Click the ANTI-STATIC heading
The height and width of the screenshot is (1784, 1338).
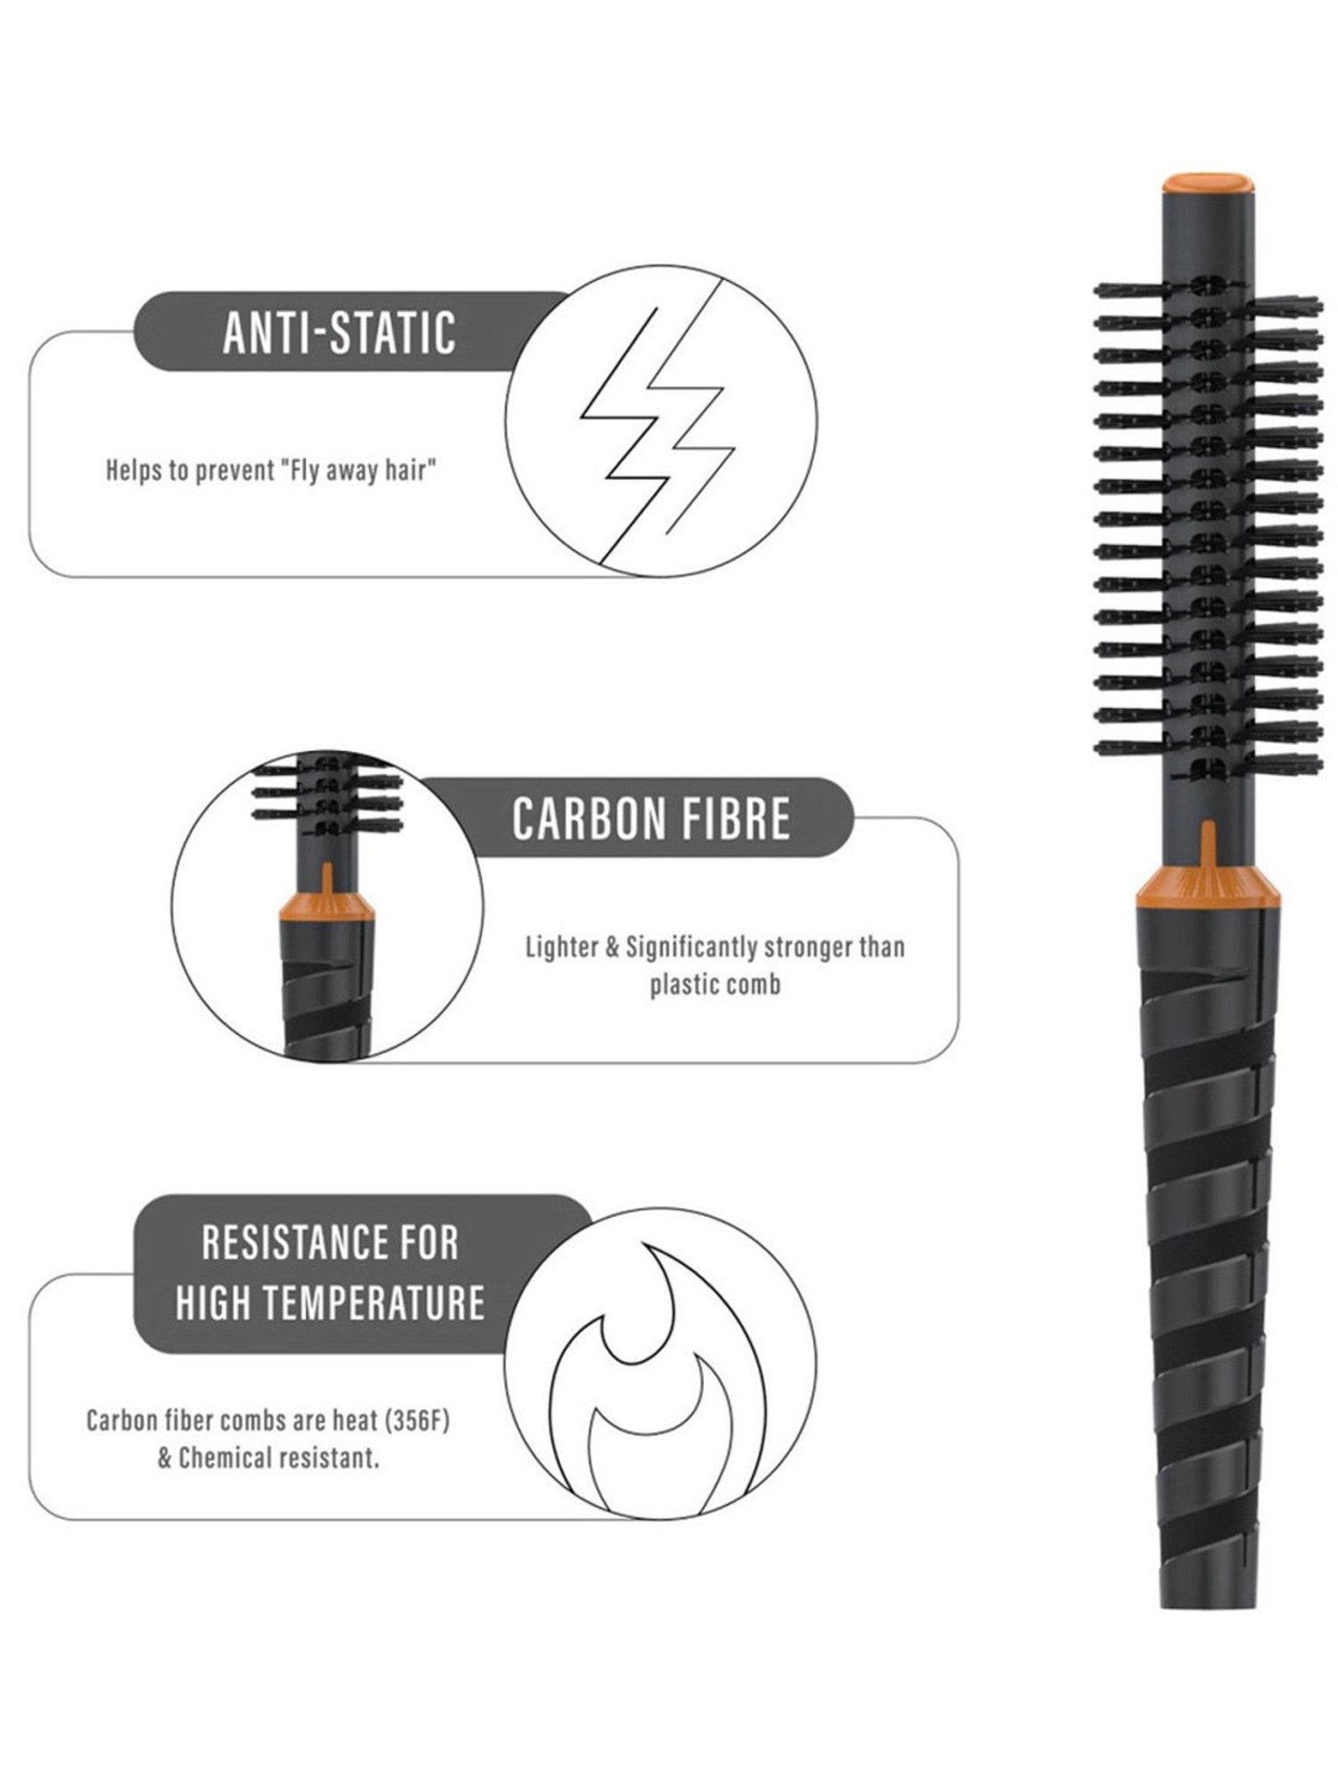[x=339, y=332]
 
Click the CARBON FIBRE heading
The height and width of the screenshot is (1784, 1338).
[x=651, y=818]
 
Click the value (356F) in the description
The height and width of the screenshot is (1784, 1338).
[x=417, y=1420]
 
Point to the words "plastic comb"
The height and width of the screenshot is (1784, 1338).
[x=714, y=985]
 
